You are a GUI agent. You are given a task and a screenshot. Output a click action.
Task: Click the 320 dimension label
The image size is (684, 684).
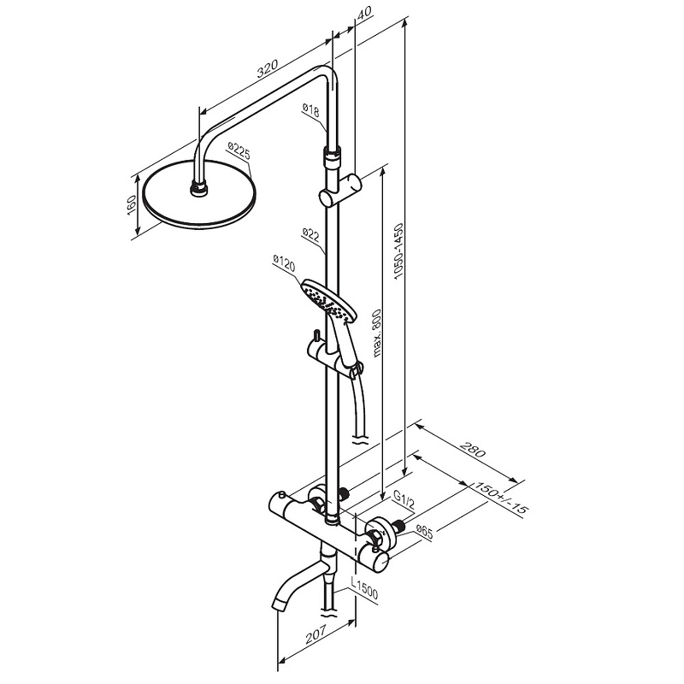coord(267,68)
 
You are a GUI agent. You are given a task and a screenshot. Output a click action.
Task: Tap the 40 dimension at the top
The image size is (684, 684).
coord(364,11)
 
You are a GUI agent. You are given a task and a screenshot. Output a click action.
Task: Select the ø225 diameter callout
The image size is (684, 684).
coord(239,151)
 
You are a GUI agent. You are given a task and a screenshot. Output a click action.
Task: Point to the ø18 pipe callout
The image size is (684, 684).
coord(310,111)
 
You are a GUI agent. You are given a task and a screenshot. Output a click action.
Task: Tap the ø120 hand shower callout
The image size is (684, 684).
coord(284,262)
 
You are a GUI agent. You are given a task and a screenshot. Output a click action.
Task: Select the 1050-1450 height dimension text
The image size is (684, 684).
coord(398,251)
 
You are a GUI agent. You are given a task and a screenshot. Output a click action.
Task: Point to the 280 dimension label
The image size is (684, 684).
coord(473,450)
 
